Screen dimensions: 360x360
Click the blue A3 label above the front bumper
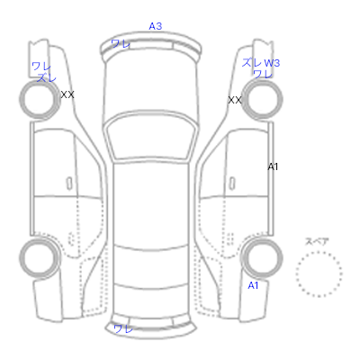coord(156,26)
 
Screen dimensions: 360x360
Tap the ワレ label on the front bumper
coord(121,44)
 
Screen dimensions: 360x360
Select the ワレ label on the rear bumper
coord(123,328)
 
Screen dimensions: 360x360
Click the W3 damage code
coord(272,63)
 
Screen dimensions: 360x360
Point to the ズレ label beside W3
coord(251,63)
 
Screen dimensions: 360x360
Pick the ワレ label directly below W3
coord(263,74)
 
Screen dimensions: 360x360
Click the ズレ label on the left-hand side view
coord(47,77)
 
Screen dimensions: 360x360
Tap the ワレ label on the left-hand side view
coord(41,66)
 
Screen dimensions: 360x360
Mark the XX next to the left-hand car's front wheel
coord(67,95)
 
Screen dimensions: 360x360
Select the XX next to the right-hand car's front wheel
coord(235,100)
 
